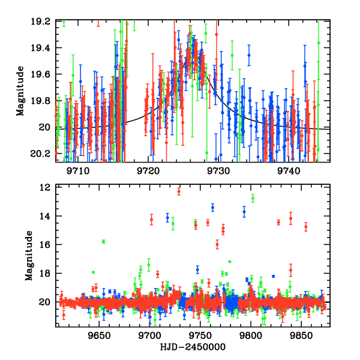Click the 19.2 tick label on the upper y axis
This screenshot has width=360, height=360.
[43, 22]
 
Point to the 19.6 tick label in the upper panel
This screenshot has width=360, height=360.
[43, 74]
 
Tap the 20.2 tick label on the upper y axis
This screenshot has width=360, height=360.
[43, 154]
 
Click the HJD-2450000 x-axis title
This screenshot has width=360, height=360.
[191, 347]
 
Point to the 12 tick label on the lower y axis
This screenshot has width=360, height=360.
[47, 187]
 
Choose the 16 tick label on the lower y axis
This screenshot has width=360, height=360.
[47, 245]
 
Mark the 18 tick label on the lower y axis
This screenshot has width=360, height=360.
[47, 274]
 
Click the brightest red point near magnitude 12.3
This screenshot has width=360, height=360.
[179, 191]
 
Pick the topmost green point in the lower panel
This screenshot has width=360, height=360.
[253, 197]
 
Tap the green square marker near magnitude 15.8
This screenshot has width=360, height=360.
[104, 241]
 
